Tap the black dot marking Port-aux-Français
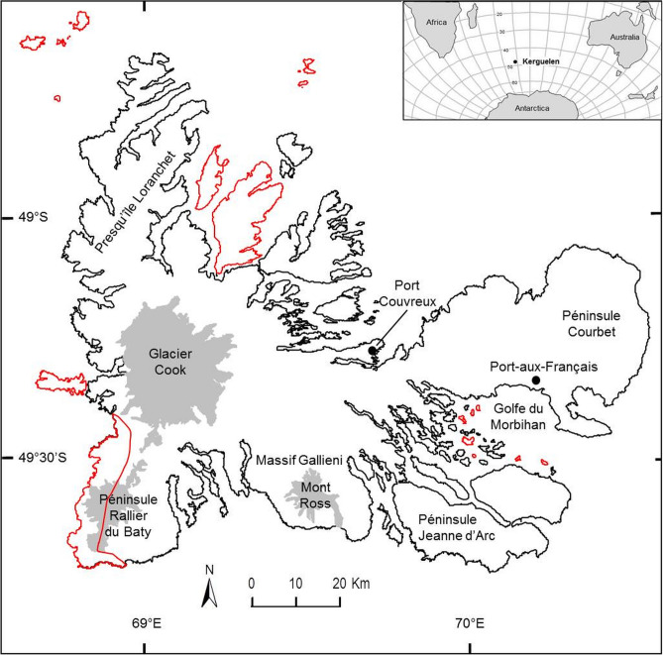[536, 381]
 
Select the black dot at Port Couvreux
[373, 351]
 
